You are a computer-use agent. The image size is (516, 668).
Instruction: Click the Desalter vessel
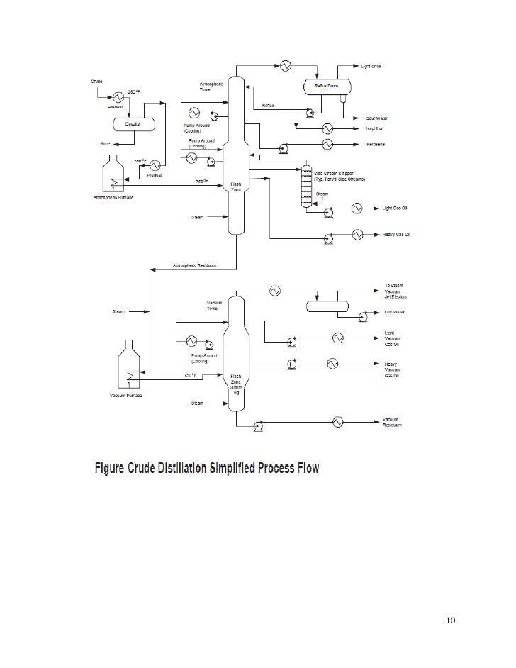click(133, 123)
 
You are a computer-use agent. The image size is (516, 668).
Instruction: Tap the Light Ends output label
click(371, 66)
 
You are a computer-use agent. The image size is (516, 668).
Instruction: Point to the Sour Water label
click(375, 118)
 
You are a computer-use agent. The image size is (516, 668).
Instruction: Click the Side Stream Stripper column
click(305, 187)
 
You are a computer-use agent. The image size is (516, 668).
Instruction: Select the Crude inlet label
click(96, 82)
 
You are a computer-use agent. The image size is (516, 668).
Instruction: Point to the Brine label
click(104, 143)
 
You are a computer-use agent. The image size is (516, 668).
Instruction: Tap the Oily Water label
click(393, 312)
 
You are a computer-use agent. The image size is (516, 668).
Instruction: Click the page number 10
click(450, 621)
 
